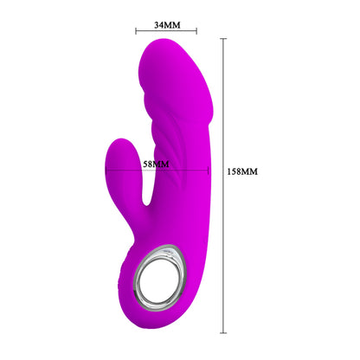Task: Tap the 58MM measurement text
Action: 157,164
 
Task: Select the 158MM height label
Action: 242,172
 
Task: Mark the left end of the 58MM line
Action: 106,170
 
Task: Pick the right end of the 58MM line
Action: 209,170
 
